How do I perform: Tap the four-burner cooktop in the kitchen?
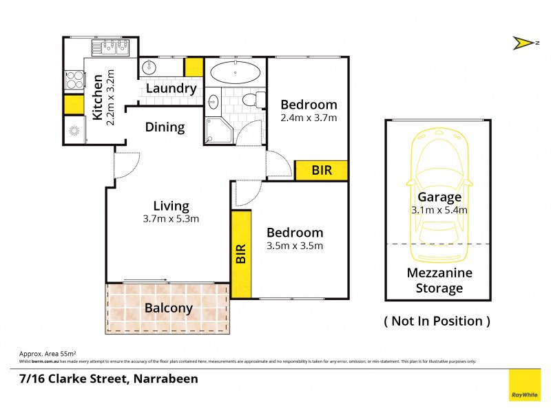73,81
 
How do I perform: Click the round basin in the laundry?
149,67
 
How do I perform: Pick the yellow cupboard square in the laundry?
194,67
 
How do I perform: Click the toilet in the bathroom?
258,100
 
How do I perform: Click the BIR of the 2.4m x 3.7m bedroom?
321,170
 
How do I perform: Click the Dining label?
165,127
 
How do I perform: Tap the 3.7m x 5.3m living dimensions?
171,220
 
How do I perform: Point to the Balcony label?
168,308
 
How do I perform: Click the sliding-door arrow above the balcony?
146,279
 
